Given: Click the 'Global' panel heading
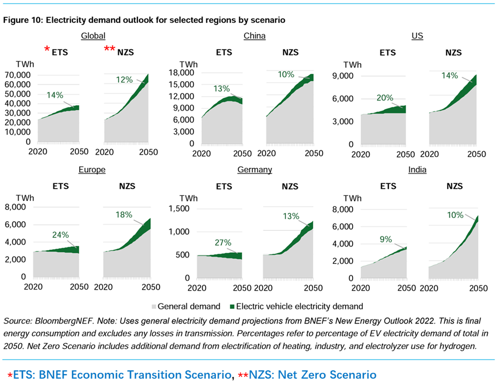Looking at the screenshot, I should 93,36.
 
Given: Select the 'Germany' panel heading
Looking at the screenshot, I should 254,169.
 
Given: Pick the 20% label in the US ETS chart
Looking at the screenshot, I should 385,98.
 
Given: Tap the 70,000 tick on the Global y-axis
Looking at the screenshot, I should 19,75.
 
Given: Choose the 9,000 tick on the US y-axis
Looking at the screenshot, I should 343,76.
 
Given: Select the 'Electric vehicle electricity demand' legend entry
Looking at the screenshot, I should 299,307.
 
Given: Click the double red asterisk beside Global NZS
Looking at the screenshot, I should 109,50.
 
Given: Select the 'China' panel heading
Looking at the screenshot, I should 254,36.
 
